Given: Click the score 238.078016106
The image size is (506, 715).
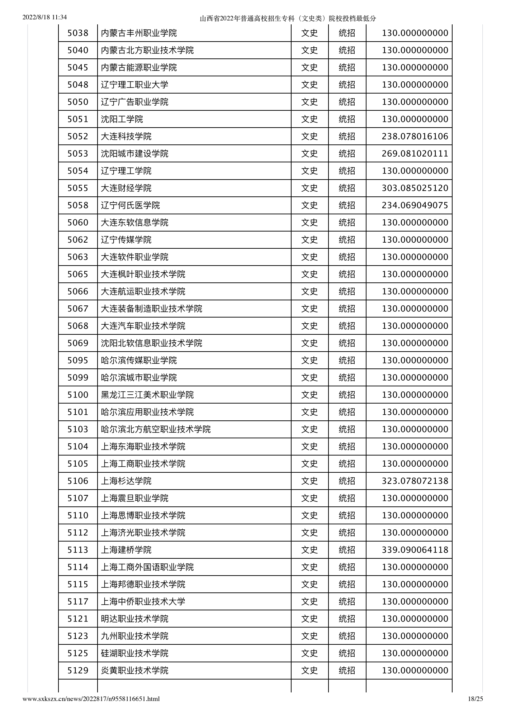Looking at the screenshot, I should click(x=415, y=137).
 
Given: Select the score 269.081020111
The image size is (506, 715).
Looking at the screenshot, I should click(x=415, y=154).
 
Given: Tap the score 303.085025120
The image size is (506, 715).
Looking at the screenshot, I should click(x=415, y=188).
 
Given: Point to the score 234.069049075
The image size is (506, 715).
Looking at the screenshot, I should click(x=415, y=205).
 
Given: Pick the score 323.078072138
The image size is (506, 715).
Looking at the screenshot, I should click(x=415, y=481).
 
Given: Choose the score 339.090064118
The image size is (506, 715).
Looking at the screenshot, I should click(x=415, y=550).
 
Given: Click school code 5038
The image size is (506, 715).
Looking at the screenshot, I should click(x=78, y=33).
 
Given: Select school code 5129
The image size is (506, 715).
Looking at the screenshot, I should click(x=78, y=671).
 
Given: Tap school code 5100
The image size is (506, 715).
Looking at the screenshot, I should click(x=78, y=395).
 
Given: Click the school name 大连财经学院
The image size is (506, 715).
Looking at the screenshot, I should click(x=126, y=188).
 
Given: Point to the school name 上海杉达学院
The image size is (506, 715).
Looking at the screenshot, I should click(x=126, y=481).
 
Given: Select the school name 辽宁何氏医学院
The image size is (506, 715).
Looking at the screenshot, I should click(x=130, y=205).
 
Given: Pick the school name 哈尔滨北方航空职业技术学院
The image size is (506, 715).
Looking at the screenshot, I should click(x=156, y=429).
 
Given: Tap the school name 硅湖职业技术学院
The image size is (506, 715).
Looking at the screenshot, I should click(x=134, y=653).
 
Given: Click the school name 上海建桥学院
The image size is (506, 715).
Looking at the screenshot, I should click(x=126, y=550).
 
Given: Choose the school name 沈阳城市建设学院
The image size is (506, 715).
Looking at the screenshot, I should click(x=134, y=154).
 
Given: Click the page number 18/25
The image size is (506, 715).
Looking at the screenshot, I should click(x=476, y=699).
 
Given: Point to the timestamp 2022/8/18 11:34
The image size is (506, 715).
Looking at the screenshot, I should click(x=45, y=17).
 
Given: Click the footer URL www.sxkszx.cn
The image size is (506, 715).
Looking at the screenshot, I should click(x=91, y=699).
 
